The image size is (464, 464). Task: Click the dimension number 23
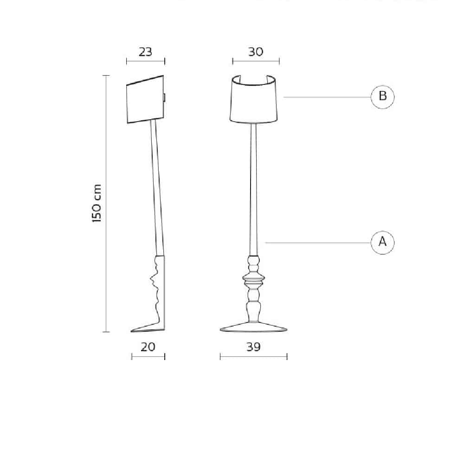[145, 52]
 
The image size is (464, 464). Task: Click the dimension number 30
[256, 52]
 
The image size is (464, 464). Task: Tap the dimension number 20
[148, 347]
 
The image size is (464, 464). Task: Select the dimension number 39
[253, 347]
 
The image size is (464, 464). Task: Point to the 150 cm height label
[97, 203]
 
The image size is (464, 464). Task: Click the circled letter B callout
[383, 97]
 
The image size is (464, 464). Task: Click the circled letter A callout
[383, 243]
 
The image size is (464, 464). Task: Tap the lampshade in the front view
[254, 99]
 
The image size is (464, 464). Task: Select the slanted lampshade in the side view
[145, 99]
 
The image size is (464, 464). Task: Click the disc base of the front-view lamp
[254, 327]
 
